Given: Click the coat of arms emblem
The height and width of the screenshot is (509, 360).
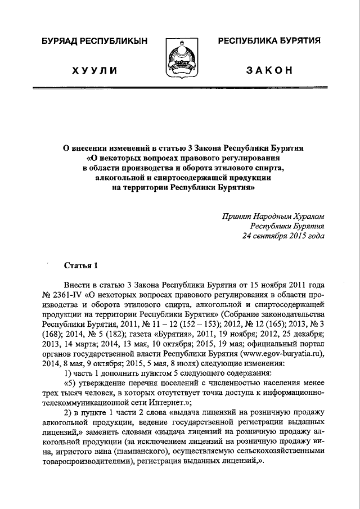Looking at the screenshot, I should coord(179,58).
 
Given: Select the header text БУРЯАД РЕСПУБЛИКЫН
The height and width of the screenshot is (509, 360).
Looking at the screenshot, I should coord(93,42).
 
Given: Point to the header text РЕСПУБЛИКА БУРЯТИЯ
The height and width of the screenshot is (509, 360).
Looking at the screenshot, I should coord(269,42).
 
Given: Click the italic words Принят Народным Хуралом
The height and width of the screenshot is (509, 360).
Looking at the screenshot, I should coord(273,216).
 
